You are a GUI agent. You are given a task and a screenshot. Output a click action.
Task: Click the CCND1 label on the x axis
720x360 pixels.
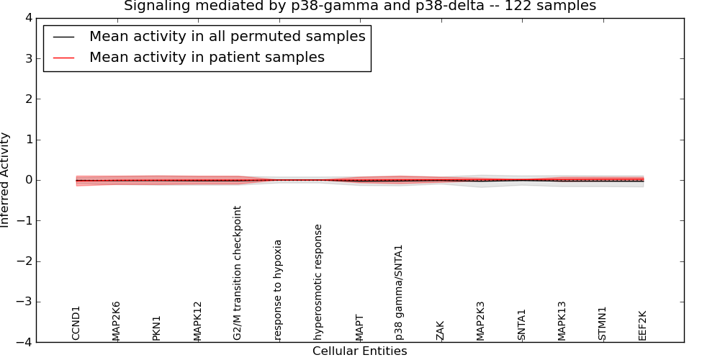coord(76,323)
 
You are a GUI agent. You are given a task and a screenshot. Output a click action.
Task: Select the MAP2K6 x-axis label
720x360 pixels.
coord(117,320)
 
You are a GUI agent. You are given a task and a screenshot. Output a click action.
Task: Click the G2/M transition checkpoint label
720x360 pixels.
coord(238,273)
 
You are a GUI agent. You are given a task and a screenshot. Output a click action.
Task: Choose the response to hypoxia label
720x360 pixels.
coord(279,289)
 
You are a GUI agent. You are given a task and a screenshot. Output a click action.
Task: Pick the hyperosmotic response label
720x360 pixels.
coord(319,282)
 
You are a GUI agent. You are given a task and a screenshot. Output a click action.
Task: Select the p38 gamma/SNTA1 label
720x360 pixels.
coord(400,292)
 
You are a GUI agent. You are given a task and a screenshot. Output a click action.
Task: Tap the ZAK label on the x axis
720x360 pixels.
coord(441,330)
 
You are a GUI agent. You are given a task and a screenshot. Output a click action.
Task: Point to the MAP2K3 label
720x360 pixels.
coord(481,320)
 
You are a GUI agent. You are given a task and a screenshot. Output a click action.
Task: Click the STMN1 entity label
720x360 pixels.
coord(603,323)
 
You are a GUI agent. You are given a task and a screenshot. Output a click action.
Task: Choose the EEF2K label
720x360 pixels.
coord(643,325)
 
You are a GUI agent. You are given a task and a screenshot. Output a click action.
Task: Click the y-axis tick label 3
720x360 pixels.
coord(27,58)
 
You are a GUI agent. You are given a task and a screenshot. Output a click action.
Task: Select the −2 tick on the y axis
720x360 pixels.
coord(24,261)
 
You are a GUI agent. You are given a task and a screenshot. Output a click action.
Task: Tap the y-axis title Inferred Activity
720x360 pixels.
coord(6,180)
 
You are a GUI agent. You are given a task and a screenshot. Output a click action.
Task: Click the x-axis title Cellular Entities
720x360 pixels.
coord(359,351)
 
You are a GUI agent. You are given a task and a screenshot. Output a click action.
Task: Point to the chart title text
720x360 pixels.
coord(359,6)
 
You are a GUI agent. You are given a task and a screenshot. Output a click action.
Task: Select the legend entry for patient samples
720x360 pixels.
coord(207,58)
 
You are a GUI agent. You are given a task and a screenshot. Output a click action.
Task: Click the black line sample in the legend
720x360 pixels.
coord(63,37)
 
